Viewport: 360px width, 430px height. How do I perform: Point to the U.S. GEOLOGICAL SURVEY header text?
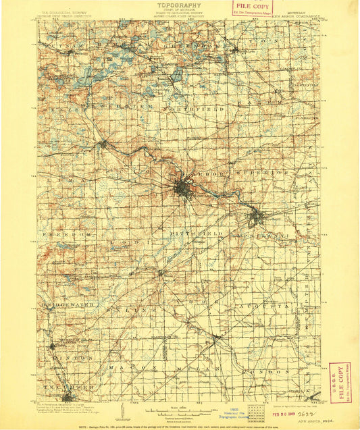[63, 11]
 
